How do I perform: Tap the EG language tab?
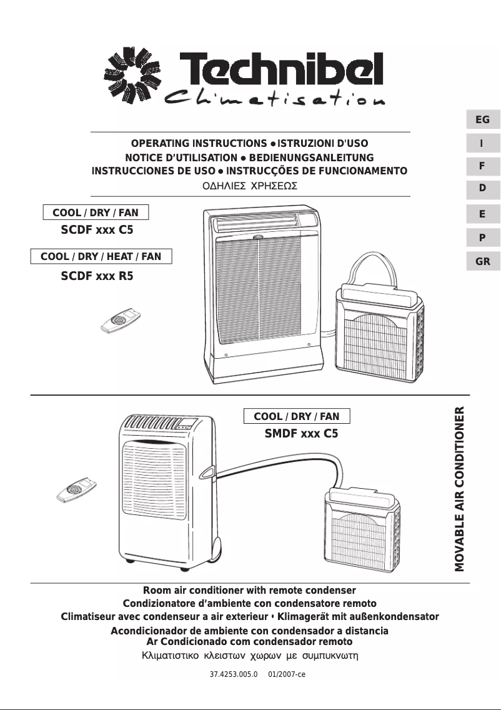(x=482, y=119)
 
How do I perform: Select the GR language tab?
(x=482, y=261)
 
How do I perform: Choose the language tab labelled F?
(x=482, y=167)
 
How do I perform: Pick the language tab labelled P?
(x=482, y=237)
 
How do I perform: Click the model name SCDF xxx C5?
(x=97, y=230)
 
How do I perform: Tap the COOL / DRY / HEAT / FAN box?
(x=101, y=256)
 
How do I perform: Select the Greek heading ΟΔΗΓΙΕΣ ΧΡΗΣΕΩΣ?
(x=250, y=186)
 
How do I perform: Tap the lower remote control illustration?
(x=77, y=491)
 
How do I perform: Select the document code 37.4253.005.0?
(x=234, y=675)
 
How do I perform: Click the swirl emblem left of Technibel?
(x=129, y=78)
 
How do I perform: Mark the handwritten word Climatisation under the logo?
(x=274, y=99)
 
